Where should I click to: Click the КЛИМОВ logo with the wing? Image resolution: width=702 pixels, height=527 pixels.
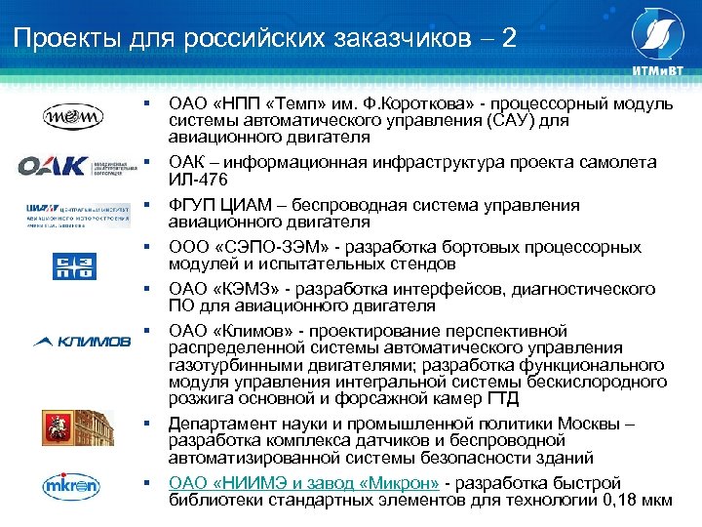tap(82, 341)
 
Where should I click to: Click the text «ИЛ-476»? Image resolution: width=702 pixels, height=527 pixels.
tap(197, 181)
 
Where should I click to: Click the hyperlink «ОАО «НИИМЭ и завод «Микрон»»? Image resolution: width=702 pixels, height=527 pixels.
tap(304, 482)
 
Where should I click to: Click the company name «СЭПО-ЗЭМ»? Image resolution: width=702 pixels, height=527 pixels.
tap(260, 248)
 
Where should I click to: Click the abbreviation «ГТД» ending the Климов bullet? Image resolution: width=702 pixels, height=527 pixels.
tap(501, 397)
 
